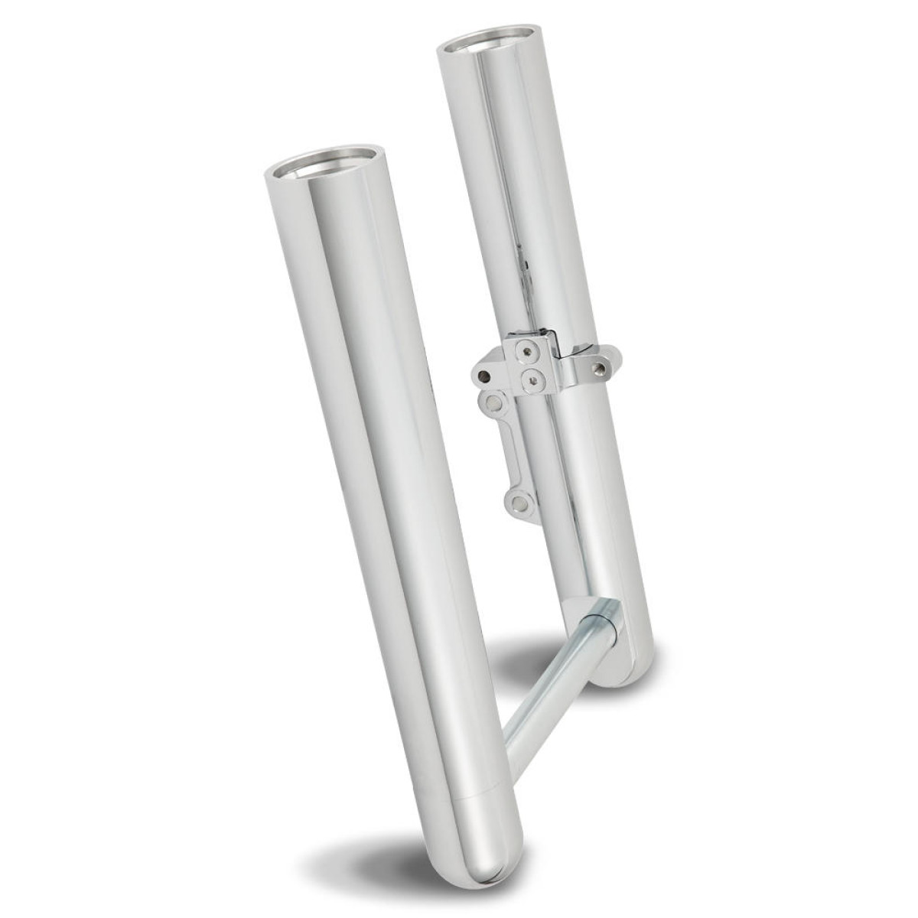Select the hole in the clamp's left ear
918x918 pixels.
coord(483,376)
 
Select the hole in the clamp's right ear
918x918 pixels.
coord(601,367)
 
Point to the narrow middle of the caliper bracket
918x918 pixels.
coord(506,451)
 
